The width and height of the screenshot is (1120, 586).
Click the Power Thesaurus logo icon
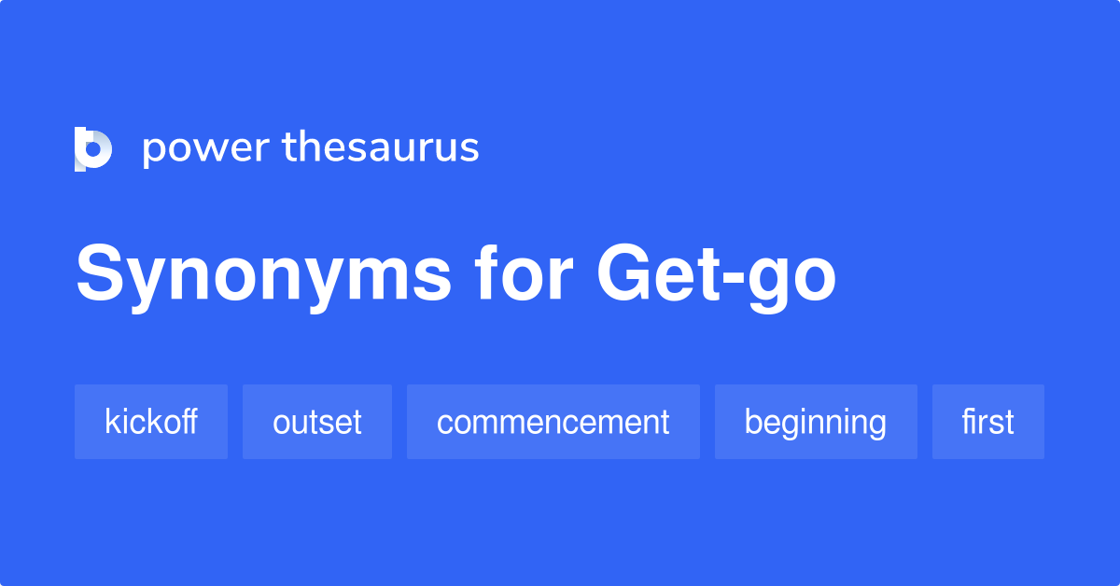coord(93,148)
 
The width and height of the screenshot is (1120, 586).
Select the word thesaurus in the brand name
coord(381,147)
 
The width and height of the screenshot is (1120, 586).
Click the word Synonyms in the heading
coord(263,276)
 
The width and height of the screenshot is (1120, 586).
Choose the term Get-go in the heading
coord(717,276)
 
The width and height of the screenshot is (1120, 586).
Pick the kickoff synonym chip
coord(151,422)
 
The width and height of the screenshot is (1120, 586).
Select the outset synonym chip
coord(317,422)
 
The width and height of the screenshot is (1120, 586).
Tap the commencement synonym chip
coord(553,422)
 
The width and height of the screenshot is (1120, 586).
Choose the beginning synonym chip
coord(816,422)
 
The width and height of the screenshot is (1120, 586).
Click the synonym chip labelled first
coord(988,422)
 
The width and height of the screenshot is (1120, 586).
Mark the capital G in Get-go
coord(626,274)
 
